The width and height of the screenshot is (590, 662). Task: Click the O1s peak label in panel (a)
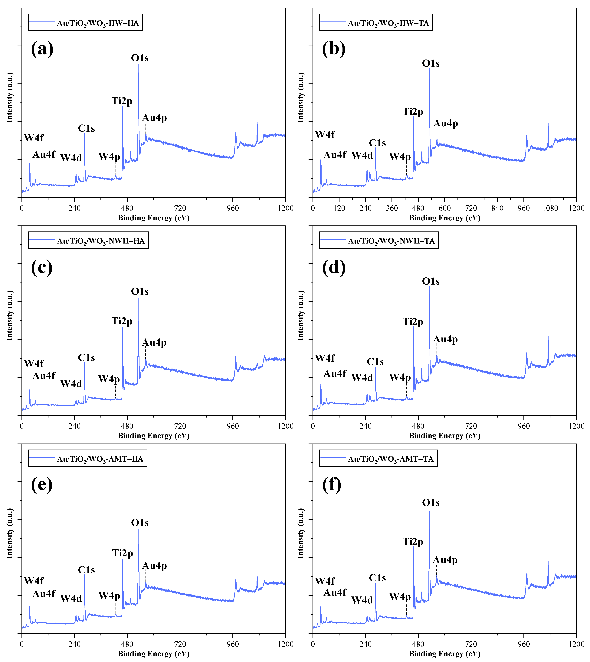click(140, 58)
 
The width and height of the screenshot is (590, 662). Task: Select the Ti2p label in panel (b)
click(413, 112)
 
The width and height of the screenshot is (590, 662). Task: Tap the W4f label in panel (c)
click(34, 364)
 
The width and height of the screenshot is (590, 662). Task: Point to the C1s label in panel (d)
click(375, 362)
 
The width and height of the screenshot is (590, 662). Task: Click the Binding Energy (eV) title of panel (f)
click(444, 654)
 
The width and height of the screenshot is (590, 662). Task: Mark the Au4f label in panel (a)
click(44, 154)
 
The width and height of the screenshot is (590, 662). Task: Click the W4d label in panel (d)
click(362, 378)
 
